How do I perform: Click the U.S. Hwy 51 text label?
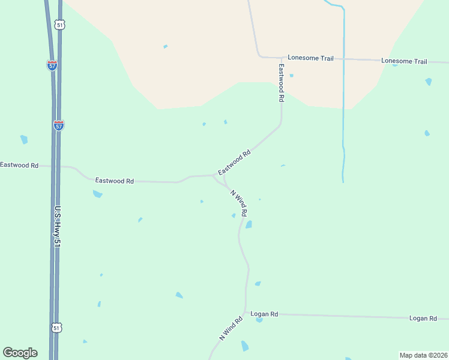click(x=58, y=227)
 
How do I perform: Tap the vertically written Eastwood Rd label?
click(x=280, y=82)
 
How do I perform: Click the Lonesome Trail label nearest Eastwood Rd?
click(x=310, y=58)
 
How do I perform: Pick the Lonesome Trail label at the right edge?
click(x=404, y=61)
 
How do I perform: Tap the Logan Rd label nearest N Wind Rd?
click(x=265, y=314)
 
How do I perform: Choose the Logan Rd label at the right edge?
click(x=423, y=318)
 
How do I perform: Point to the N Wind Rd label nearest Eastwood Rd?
click(x=240, y=203)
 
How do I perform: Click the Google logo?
click(x=20, y=353)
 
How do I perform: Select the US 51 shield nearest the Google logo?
click(x=56, y=328)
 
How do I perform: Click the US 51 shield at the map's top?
click(x=58, y=25)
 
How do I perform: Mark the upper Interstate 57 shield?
click(x=52, y=65)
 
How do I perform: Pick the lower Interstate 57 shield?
click(x=58, y=125)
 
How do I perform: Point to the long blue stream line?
click(x=343, y=90)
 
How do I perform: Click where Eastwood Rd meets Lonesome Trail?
click(x=281, y=58)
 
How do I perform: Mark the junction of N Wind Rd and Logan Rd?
click(x=246, y=313)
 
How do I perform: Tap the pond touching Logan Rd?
click(x=259, y=320)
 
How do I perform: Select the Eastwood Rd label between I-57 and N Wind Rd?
click(x=114, y=180)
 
